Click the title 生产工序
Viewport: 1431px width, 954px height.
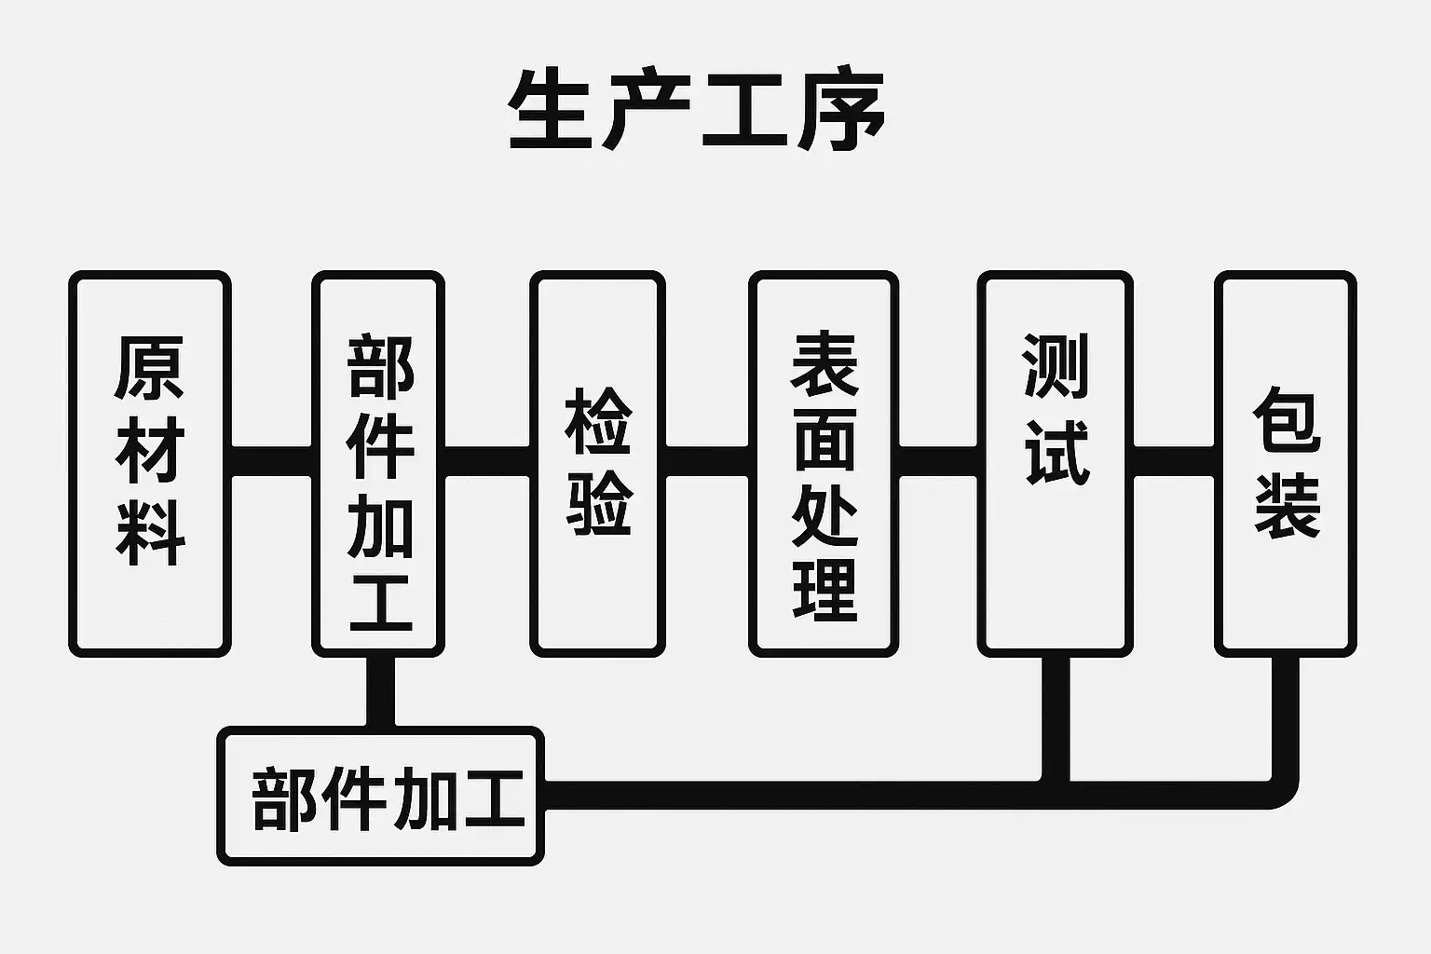tap(696, 110)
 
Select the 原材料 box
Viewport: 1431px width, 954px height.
tap(150, 464)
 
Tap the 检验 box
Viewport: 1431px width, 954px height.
tap(598, 464)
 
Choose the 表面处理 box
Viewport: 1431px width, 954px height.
tap(824, 464)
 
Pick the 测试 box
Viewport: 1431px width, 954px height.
tap(1056, 464)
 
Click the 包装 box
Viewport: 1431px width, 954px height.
tap(1286, 464)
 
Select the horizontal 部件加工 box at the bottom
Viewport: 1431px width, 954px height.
tap(380, 797)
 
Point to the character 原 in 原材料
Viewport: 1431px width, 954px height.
tap(150, 367)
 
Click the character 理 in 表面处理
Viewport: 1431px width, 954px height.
tap(825, 590)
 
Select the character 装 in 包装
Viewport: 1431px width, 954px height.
tap(1287, 506)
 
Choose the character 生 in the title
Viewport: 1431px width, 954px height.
tap(552, 110)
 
